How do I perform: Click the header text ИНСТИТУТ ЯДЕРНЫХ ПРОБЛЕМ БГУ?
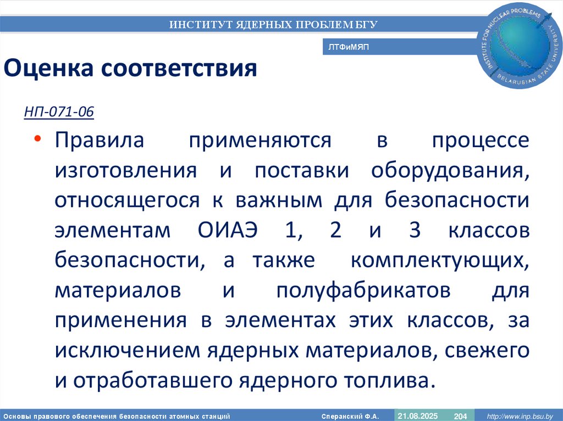pyautogui.click(x=273, y=24)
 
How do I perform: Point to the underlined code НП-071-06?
pyautogui.click(x=59, y=113)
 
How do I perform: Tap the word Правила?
pyautogui.click(x=99, y=141)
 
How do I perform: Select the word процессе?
pyautogui.click(x=481, y=141)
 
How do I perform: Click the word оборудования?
pyautogui.click(x=449, y=170)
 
